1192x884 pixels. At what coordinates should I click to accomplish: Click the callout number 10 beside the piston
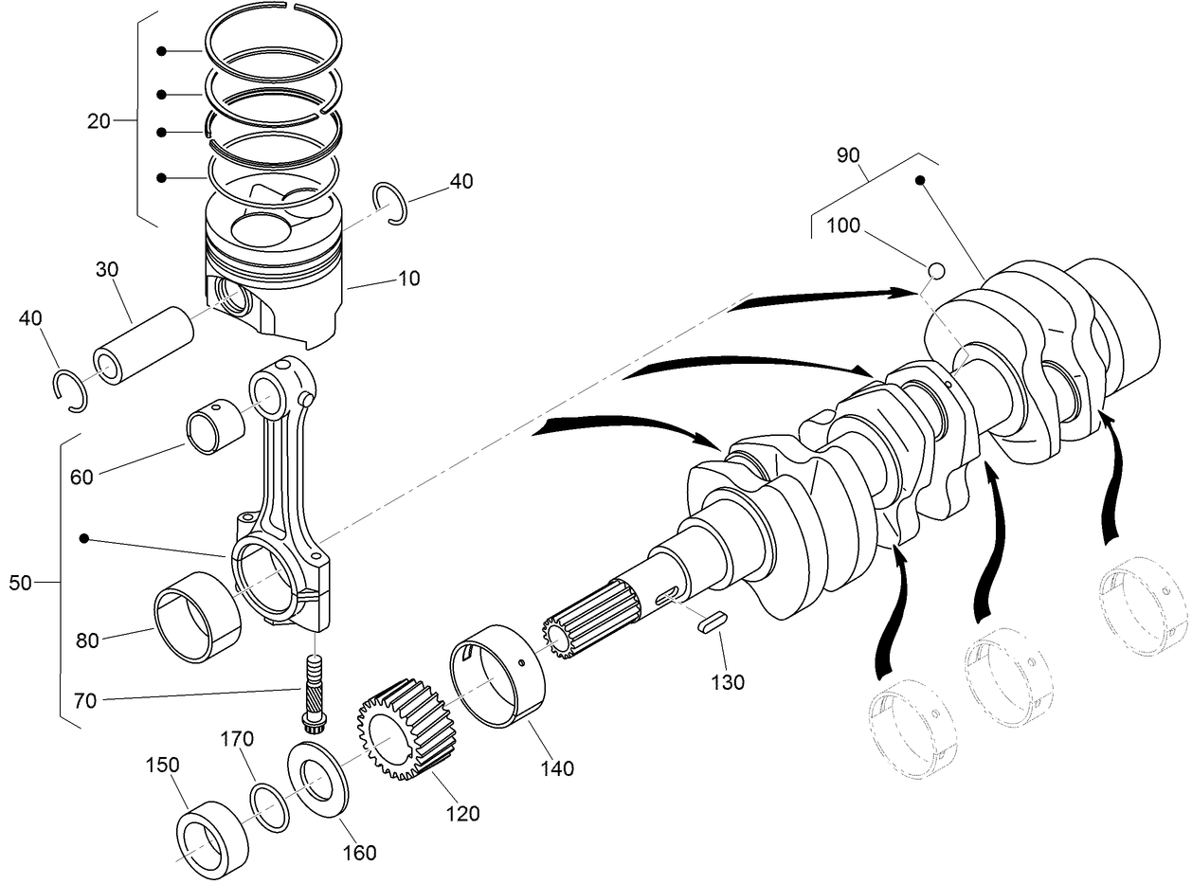click(x=409, y=279)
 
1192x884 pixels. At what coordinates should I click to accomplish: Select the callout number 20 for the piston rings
click(x=99, y=120)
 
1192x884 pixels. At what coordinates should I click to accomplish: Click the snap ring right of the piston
click(x=390, y=202)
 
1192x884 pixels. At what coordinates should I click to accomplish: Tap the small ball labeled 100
click(x=935, y=271)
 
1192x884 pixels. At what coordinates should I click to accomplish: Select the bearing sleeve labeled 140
click(x=498, y=675)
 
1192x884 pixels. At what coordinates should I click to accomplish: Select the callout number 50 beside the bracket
click(x=20, y=583)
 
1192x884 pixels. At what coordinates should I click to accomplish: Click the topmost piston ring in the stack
click(x=275, y=49)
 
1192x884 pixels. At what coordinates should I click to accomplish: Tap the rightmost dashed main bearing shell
click(x=1141, y=608)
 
